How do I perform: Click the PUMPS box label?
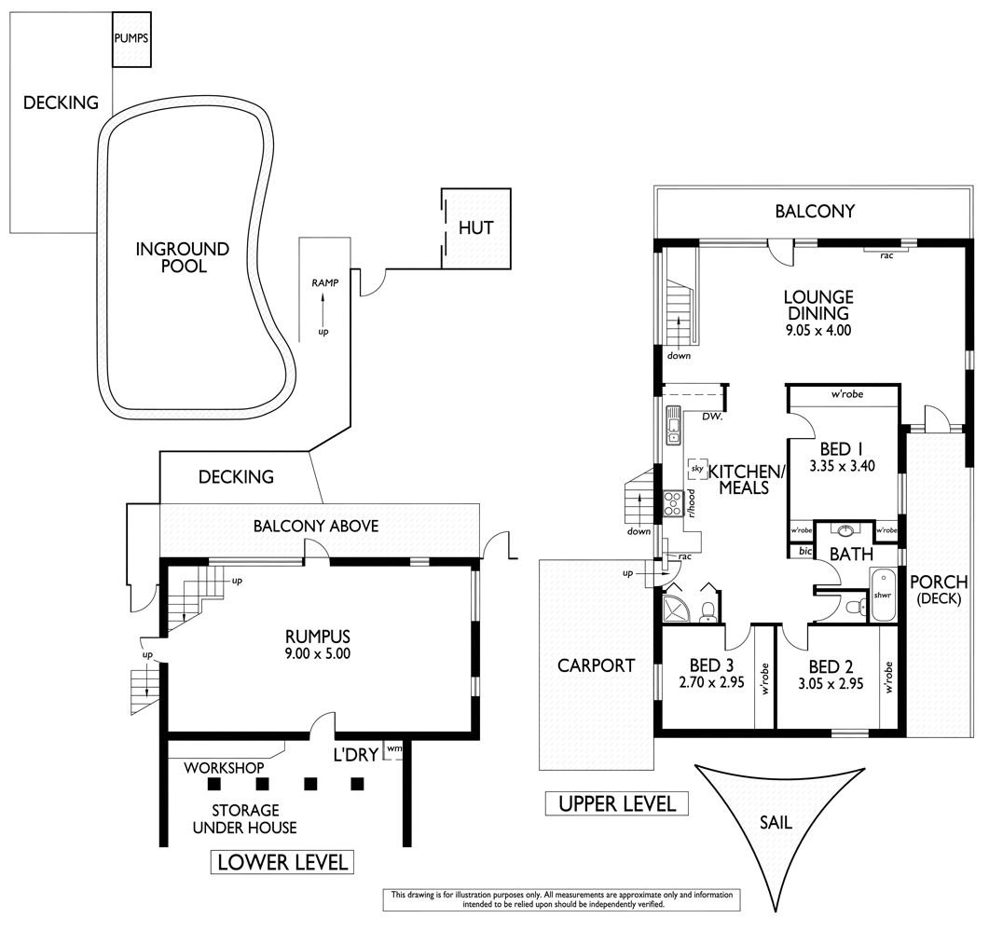click(x=131, y=39)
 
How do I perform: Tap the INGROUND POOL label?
click(x=182, y=257)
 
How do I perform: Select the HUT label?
click(x=475, y=227)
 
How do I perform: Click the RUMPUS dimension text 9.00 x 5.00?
click(x=317, y=653)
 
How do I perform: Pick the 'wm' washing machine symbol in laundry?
click(x=393, y=748)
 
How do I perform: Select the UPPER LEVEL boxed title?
click(x=617, y=803)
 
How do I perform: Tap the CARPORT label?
click(x=596, y=665)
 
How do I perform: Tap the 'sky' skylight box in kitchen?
click(x=695, y=469)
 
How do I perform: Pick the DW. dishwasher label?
click(x=712, y=417)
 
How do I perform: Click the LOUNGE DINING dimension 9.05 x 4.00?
click(x=818, y=330)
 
